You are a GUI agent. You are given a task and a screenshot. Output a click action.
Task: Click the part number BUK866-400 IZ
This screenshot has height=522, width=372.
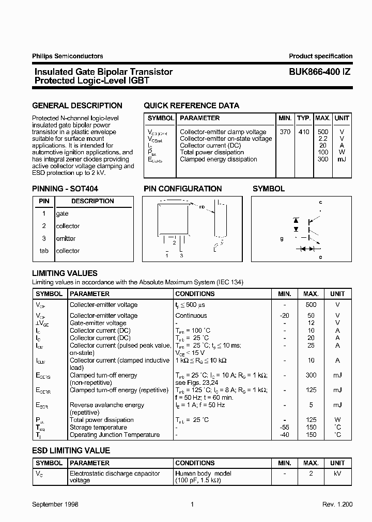click(317, 72)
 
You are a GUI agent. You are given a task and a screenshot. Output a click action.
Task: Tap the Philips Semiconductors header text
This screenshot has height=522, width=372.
click(68, 56)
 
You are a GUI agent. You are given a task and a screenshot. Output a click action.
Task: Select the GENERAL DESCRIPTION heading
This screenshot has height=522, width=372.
click(78, 106)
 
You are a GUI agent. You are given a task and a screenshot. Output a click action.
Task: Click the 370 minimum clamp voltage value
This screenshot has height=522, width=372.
click(285, 132)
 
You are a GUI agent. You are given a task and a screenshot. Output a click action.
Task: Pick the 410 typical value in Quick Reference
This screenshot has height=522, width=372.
click(304, 132)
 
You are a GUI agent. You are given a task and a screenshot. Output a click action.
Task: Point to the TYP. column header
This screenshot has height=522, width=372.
click(304, 118)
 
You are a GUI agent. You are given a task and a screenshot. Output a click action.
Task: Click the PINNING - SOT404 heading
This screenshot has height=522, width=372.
click(65, 189)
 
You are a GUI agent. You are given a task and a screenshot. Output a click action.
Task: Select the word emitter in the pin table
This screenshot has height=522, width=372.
click(66, 238)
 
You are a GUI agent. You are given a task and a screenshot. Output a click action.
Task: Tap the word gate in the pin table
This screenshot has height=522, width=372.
click(62, 214)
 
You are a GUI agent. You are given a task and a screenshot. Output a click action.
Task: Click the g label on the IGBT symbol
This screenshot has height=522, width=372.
click(282, 239)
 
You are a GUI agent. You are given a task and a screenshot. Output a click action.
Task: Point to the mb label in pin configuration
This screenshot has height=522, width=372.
click(202, 207)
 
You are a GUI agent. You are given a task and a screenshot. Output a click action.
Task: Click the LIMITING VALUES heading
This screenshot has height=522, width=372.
click(65, 273)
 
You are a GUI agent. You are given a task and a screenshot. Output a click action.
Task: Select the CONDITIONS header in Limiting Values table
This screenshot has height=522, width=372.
click(195, 293)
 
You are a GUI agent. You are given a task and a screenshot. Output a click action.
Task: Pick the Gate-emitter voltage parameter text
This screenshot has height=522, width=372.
click(98, 323)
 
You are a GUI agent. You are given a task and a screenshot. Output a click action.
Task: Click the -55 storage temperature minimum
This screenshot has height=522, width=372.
click(285, 427)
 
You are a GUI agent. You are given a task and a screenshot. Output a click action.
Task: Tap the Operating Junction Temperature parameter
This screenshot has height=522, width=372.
click(115, 435)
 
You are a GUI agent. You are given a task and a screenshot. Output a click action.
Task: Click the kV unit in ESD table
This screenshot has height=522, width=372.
click(337, 473)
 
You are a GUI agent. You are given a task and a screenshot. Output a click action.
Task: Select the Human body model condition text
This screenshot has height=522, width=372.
click(203, 473)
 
